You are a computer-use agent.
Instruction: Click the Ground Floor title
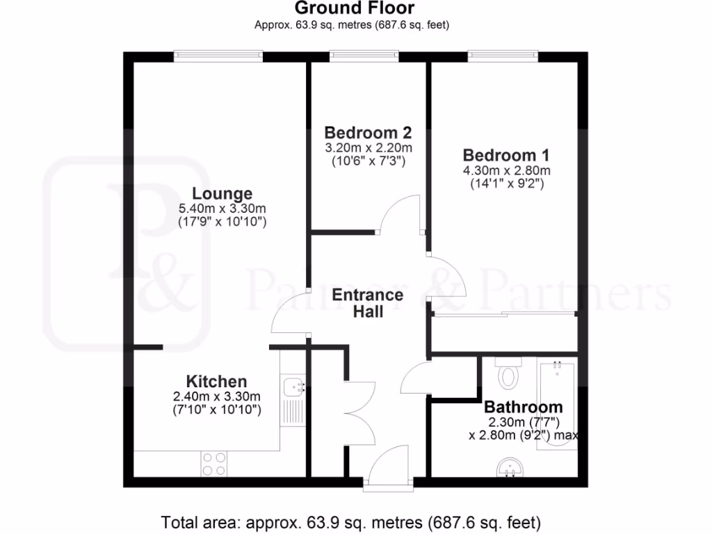click(x=355, y=8)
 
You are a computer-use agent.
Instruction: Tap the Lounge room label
click(x=222, y=193)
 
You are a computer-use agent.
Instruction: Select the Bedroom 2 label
click(x=369, y=132)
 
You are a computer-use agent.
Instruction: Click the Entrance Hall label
click(x=368, y=303)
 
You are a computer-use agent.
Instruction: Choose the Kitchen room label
click(x=216, y=381)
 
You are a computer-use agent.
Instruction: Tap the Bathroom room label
click(x=524, y=407)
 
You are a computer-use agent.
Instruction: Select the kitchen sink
click(x=293, y=387)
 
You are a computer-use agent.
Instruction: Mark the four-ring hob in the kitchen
click(x=213, y=464)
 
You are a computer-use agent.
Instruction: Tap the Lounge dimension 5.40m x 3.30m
click(x=222, y=208)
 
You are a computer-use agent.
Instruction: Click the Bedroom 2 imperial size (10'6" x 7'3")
click(x=369, y=161)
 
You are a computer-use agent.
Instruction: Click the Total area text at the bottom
click(x=351, y=521)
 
